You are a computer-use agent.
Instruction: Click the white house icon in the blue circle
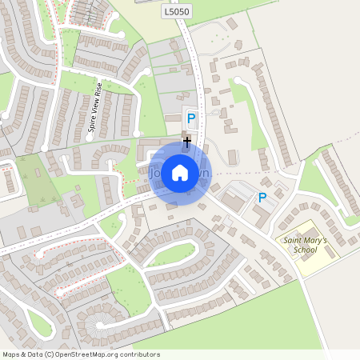(x=180, y=172)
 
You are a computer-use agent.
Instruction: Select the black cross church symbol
(x=187, y=142)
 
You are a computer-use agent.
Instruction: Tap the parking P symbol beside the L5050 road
(x=190, y=119)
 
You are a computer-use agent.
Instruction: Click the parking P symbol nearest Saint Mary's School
(x=262, y=197)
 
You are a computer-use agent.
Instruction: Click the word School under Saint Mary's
(x=304, y=250)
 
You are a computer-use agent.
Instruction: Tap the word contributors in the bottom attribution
(x=138, y=354)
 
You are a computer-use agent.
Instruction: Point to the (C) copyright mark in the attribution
(x=50, y=354)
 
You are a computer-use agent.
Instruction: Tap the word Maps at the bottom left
(x=11, y=354)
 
